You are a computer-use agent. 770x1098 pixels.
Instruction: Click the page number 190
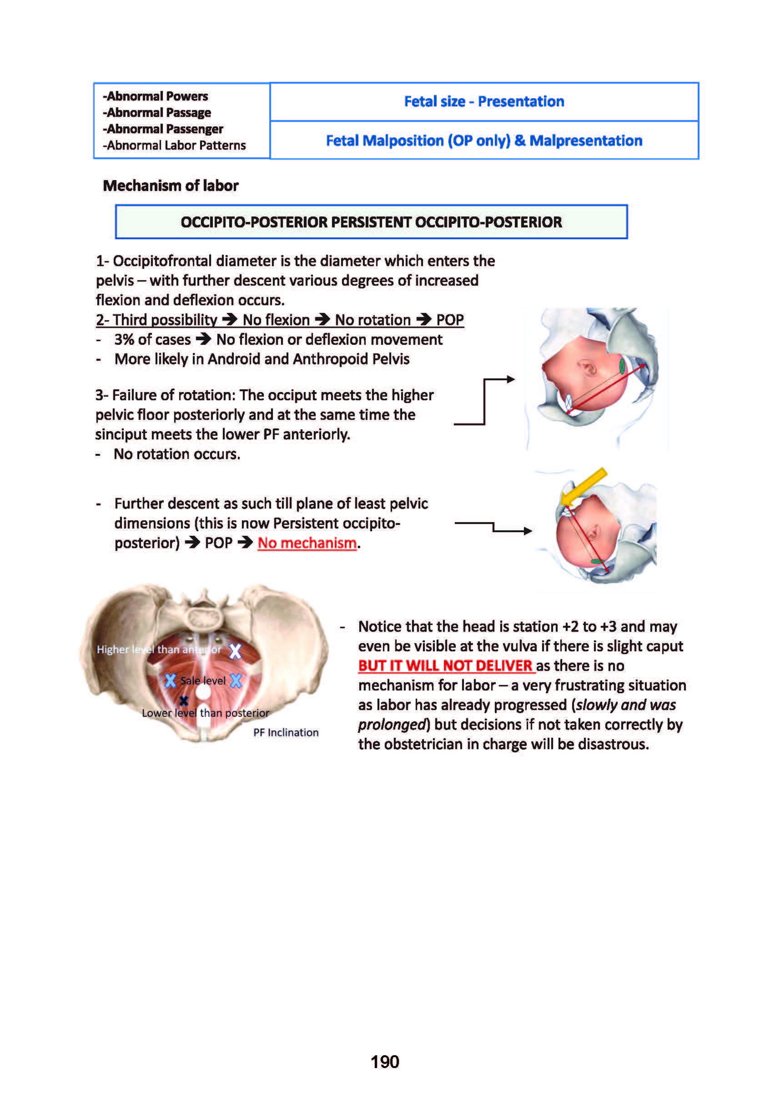pos(384,1061)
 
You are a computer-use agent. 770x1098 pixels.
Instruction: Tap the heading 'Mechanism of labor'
pos(170,186)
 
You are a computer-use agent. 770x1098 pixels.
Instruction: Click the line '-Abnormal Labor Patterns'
pos(175,146)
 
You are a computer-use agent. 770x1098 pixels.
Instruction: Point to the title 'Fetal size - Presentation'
pos(483,101)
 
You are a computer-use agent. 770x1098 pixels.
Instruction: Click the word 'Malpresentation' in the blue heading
pos(585,141)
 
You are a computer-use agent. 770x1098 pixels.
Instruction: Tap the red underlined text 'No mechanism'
pos(307,543)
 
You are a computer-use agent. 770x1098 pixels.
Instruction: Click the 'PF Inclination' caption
pos(286,733)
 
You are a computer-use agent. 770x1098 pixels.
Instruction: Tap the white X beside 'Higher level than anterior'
pos(235,651)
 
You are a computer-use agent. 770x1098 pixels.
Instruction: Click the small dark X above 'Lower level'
pos(184,700)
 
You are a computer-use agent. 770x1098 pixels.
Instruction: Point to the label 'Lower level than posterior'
pos(205,713)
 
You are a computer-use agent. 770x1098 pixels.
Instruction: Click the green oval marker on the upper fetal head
pos(622,367)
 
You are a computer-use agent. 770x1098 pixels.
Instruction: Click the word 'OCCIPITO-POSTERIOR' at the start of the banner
pos(254,222)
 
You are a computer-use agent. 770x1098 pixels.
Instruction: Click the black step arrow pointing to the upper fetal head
pos(484,401)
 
